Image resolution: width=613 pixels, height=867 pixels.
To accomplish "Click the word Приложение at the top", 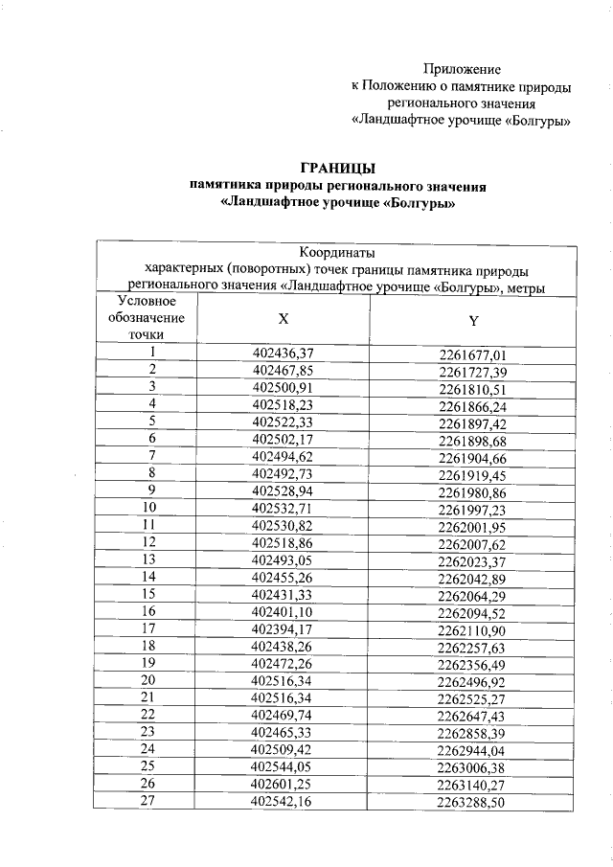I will [x=462, y=70].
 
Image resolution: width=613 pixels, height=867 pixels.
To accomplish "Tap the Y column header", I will [x=473, y=320].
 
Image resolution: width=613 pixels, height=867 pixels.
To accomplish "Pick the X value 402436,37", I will [x=284, y=353].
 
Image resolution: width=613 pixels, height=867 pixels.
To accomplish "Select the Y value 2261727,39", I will [x=472, y=371].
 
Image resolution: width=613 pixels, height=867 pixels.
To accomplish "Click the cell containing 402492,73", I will [x=284, y=472].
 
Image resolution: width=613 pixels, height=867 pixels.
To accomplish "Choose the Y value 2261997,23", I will [x=472, y=509].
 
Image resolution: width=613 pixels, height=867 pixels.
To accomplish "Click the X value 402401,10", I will [x=283, y=610].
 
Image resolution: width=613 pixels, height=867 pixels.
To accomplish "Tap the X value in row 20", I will [x=283, y=679].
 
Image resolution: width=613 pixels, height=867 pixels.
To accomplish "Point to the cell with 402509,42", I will [x=283, y=748].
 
